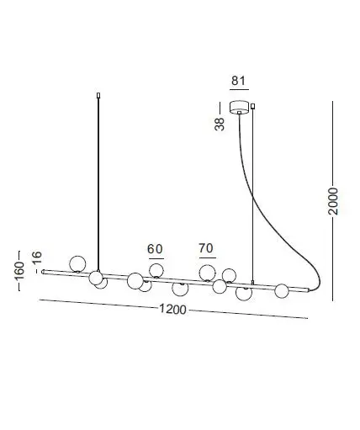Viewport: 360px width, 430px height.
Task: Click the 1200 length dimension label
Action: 172,309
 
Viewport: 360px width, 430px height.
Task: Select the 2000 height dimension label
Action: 333,201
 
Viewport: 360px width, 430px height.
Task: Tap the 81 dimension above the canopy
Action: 238,81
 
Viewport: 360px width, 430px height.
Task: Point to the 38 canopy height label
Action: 220,124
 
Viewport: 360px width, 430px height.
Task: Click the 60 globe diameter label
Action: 155,249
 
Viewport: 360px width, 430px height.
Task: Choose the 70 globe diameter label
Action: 206,248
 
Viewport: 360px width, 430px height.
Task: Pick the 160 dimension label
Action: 19,271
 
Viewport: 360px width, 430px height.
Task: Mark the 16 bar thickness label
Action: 37,257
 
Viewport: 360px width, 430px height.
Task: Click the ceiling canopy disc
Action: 239,107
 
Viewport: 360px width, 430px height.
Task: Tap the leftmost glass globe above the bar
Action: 77,263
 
